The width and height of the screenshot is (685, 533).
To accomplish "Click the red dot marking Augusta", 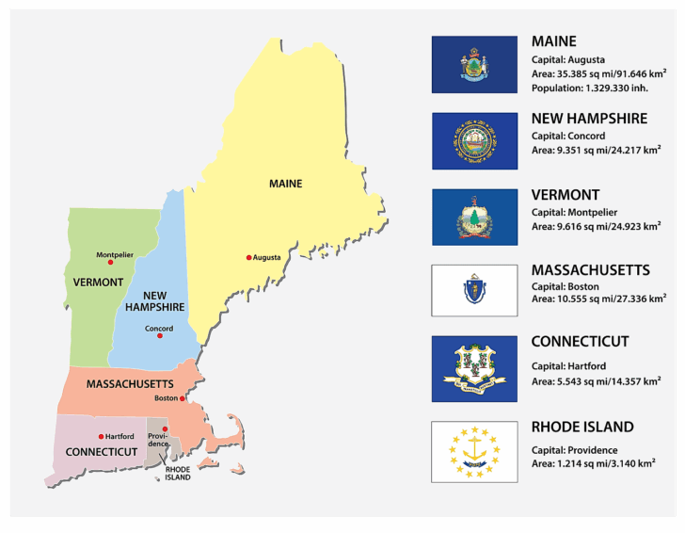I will pyautogui.click(x=249, y=257).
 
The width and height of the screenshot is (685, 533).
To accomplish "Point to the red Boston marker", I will pyautogui.click(x=182, y=398).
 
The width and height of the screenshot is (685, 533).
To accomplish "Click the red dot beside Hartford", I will pyautogui.click(x=101, y=436).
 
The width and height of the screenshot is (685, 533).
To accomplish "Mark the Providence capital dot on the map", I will pyautogui.click(x=165, y=428).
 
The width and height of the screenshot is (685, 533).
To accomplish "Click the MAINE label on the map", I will pyautogui.click(x=285, y=184).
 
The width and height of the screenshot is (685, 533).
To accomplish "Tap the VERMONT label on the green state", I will pyautogui.click(x=98, y=282).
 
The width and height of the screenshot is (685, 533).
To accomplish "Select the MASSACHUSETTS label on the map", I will pyautogui.click(x=130, y=384).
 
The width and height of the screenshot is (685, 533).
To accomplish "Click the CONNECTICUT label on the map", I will pyautogui.click(x=102, y=452).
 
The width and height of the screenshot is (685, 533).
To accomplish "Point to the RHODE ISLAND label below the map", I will pyautogui.click(x=178, y=473).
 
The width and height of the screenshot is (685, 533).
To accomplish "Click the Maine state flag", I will pyautogui.click(x=474, y=64).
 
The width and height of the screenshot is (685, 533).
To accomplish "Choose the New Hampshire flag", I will pyautogui.click(x=474, y=141).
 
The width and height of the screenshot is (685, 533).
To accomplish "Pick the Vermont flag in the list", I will pyautogui.click(x=474, y=217).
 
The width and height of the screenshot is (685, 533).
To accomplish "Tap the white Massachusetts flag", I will pyautogui.click(x=474, y=290).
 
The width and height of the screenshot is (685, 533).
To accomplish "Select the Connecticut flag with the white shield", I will pyautogui.click(x=474, y=368).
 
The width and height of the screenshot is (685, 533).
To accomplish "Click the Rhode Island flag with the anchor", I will pyautogui.click(x=474, y=451).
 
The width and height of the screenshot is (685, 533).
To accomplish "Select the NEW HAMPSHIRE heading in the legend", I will pyautogui.click(x=589, y=119).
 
